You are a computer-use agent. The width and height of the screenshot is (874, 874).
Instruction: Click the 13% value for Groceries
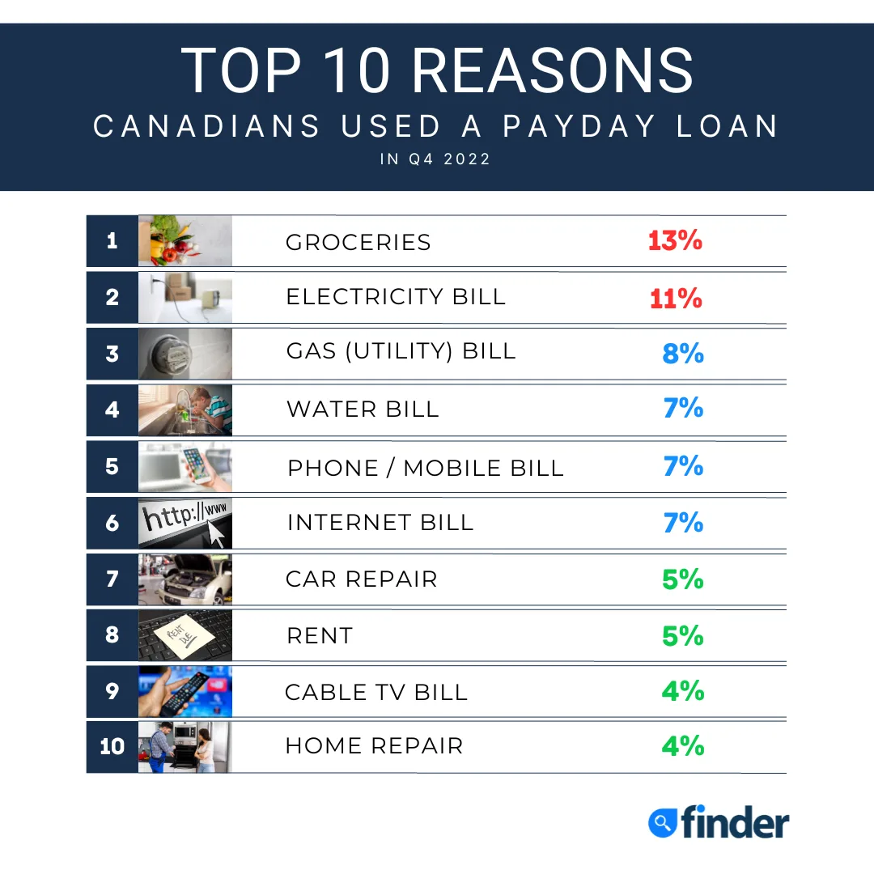click(x=675, y=240)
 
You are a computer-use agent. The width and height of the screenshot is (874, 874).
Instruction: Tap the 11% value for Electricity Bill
click(x=676, y=299)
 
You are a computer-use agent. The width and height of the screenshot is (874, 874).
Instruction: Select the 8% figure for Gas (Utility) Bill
click(x=683, y=354)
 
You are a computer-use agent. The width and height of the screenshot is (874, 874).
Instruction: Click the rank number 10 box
click(x=112, y=746)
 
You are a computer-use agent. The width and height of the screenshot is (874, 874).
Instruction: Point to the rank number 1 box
click(x=112, y=240)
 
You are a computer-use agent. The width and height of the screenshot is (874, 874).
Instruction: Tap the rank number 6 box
click(x=112, y=523)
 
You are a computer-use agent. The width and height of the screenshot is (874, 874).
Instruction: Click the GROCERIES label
click(x=359, y=243)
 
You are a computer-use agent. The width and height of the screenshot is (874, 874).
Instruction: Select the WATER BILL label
click(x=363, y=409)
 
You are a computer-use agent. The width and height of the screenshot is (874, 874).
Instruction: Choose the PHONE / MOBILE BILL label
click(x=426, y=469)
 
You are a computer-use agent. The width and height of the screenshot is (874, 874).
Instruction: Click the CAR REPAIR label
click(x=362, y=579)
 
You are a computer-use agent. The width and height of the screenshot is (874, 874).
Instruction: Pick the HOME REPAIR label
click(x=374, y=746)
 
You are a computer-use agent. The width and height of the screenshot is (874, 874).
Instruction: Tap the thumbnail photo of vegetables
click(x=185, y=240)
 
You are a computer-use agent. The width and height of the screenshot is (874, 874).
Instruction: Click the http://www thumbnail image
click(x=185, y=523)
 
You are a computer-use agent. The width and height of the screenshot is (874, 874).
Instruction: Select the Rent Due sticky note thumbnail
click(x=185, y=635)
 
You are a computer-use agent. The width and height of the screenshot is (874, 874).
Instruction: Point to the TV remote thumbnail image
click(x=185, y=691)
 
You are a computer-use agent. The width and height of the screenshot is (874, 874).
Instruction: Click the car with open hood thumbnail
click(x=185, y=579)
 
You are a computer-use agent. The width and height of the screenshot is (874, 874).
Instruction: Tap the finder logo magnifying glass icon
click(x=663, y=823)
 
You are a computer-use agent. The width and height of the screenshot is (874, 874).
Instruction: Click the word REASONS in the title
click(x=552, y=71)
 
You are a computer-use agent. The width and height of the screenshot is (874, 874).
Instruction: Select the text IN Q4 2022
click(x=435, y=159)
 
